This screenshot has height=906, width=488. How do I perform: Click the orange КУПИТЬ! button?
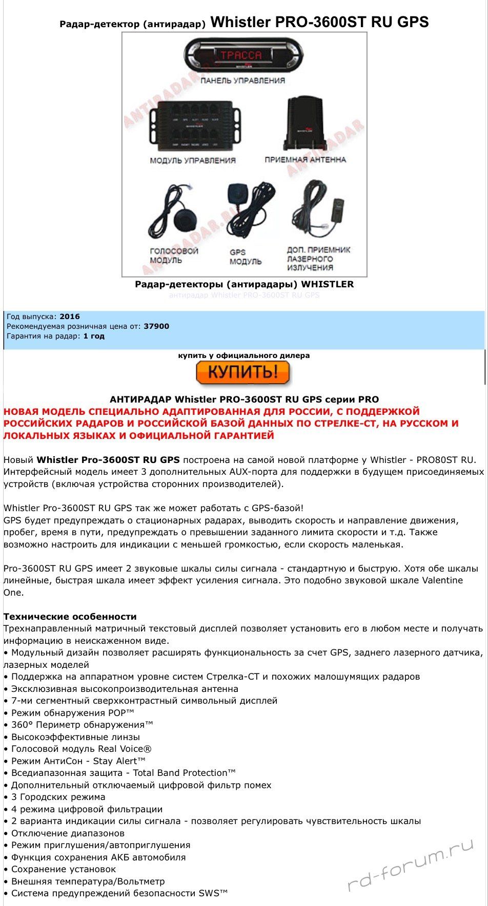(x=243, y=372)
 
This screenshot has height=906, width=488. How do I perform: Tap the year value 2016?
(x=70, y=317)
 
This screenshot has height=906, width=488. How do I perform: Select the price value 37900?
(x=156, y=326)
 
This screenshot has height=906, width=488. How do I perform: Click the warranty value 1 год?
(x=94, y=336)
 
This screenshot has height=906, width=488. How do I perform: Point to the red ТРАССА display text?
(x=240, y=55)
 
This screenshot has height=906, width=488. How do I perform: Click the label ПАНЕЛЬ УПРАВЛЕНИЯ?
(x=242, y=80)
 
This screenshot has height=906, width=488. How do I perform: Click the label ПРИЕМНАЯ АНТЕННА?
(x=306, y=160)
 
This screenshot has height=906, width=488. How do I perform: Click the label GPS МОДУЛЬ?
(x=245, y=257)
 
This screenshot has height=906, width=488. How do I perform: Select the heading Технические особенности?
(x=70, y=617)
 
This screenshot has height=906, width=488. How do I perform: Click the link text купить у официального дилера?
(x=243, y=355)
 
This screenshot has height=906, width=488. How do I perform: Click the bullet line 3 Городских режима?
(x=58, y=797)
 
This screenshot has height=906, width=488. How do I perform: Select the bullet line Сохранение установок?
(x=64, y=869)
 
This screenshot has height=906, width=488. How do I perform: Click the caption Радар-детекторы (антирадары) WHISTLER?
(x=244, y=284)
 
